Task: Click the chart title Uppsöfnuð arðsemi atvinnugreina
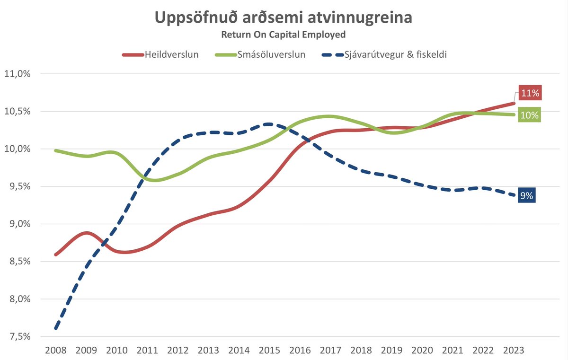pyautogui.click(x=284, y=18)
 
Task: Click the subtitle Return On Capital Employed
pyautogui.click(x=284, y=35)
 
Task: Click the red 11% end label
pyautogui.click(x=530, y=93)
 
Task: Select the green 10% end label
pyautogui.click(x=530, y=115)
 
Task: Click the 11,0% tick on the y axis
pyautogui.click(x=17, y=74)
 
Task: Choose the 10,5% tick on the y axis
pyautogui.click(x=17, y=112)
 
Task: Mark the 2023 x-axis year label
pyautogui.click(x=513, y=351)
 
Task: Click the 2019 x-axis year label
pyautogui.click(x=390, y=351)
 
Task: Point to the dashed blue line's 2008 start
pyautogui.click(x=56, y=327)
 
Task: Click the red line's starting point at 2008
pyautogui.click(x=56, y=255)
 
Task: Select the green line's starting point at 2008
pyautogui.click(x=56, y=150)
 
